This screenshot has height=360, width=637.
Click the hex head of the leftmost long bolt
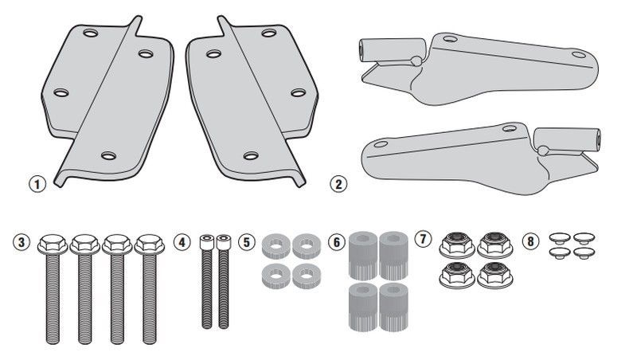click(50, 243)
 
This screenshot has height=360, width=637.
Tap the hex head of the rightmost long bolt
click(147, 243)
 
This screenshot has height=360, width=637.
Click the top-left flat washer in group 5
click(275, 243)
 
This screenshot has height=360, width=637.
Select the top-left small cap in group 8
click(558, 238)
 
